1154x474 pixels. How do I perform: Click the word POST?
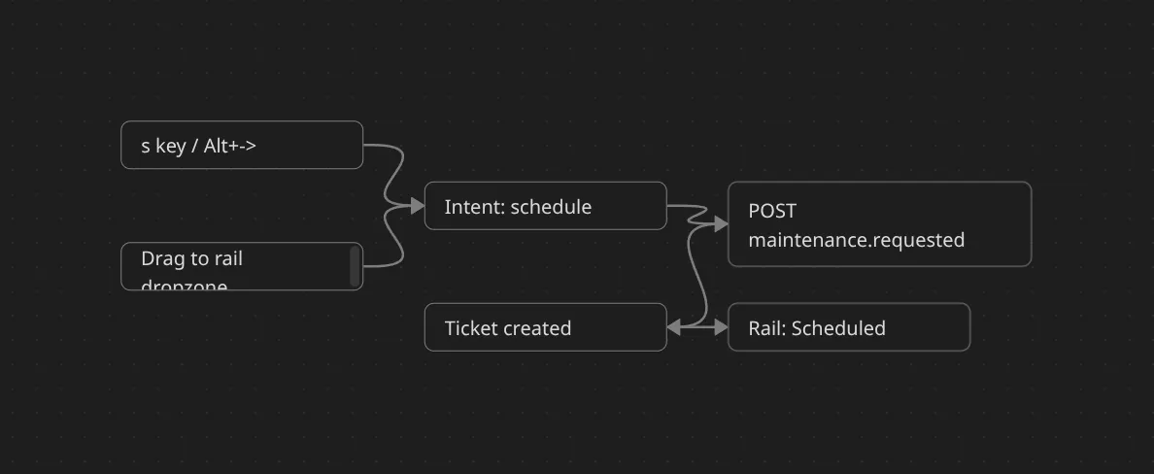(x=772, y=211)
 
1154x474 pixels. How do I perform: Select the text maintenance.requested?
(x=856, y=240)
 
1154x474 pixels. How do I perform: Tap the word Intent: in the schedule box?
(x=474, y=207)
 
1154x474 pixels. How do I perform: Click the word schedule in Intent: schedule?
(x=551, y=207)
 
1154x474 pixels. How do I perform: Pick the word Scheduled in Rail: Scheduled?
(x=838, y=328)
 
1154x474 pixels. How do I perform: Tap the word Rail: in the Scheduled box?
(x=767, y=328)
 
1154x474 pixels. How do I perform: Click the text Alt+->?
(x=230, y=146)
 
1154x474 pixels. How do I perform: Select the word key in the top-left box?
(x=171, y=146)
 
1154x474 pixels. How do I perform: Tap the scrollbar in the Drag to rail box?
(x=355, y=265)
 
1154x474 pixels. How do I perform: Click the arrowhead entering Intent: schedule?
(x=418, y=206)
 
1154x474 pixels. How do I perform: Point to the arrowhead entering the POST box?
(x=721, y=224)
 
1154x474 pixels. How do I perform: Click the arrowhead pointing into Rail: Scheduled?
(x=721, y=328)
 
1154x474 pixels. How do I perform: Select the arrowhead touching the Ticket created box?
(x=674, y=328)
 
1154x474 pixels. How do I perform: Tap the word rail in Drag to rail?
(x=227, y=258)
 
